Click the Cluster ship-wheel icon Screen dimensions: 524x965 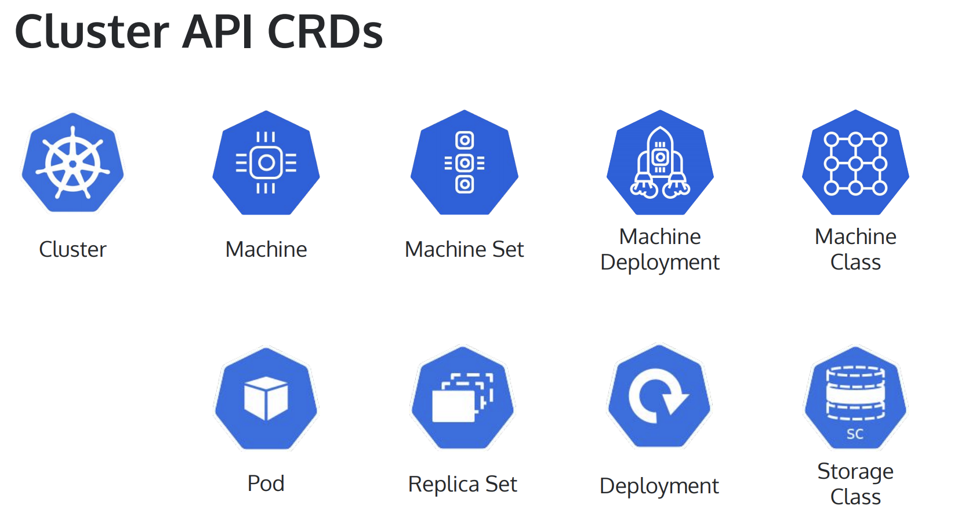pyautogui.click(x=72, y=163)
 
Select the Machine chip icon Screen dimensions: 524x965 pyautogui.click(x=266, y=163)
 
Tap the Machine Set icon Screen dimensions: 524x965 pyautogui.click(x=465, y=162)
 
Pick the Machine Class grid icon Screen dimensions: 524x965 pyautogui.click(x=855, y=163)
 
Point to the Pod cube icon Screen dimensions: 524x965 pyautogui.click(x=266, y=398)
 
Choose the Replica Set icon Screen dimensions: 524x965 pyautogui.click(x=463, y=398)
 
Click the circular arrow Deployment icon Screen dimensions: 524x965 pyautogui.click(x=659, y=396)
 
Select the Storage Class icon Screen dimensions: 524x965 pyautogui.click(x=855, y=398)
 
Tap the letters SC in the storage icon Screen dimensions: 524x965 pyautogui.click(x=855, y=434)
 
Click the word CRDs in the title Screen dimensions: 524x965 pyautogui.click(x=325, y=32)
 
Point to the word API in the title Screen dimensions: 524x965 pyautogui.click(x=217, y=32)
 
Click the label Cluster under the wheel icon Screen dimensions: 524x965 pyautogui.click(x=72, y=249)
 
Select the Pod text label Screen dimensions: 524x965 pyautogui.click(x=266, y=483)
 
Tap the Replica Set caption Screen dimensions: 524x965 pyautogui.click(x=462, y=484)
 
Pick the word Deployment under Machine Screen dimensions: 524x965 pyautogui.click(x=660, y=263)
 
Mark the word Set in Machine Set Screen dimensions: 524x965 pyautogui.click(x=508, y=249)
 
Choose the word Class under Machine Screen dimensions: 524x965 pyautogui.click(x=855, y=263)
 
